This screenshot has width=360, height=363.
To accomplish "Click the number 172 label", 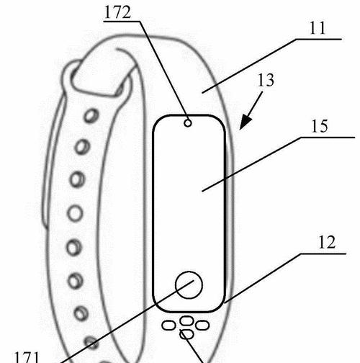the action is [x=118, y=12].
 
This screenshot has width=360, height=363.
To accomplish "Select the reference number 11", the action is [x=318, y=28].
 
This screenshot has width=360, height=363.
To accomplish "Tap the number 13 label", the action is [x=266, y=80].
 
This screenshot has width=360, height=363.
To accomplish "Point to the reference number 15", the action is [x=320, y=126].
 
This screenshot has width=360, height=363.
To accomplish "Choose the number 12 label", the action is [x=327, y=243].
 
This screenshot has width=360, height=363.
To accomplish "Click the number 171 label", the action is [x=27, y=357].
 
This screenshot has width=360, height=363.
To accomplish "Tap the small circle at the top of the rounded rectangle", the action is [x=188, y=123].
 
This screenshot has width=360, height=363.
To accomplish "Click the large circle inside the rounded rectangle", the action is [x=189, y=285].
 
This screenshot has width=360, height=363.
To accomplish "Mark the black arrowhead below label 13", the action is [x=246, y=122].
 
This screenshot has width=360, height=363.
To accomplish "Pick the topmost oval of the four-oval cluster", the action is [x=186, y=321].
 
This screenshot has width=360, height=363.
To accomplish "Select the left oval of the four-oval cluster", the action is [x=168, y=326].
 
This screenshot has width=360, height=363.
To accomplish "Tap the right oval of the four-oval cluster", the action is [x=202, y=326].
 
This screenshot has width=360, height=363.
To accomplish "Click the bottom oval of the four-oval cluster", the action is [x=186, y=334].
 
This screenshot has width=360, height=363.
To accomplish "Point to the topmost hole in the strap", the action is [x=91, y=116].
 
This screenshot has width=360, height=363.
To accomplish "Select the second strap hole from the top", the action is [x=82, y=147].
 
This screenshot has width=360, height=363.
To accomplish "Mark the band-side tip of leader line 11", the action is [x=202, y=93].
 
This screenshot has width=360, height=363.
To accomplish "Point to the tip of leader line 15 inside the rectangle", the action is [x=202, y=192].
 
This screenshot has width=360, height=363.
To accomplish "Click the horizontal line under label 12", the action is [x=323, y=254].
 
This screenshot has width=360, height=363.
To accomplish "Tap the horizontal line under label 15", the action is [x=328, y=138].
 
